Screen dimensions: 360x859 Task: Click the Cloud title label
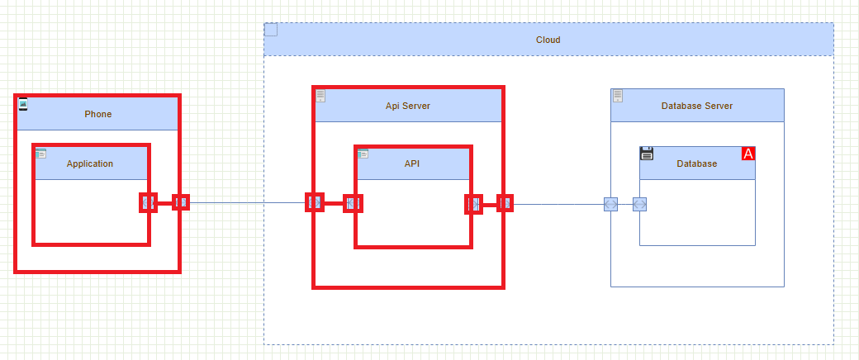[548, 40]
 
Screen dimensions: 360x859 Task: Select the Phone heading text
[97, 114]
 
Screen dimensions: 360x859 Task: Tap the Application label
[90, 163]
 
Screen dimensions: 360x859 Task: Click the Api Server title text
[407, 106]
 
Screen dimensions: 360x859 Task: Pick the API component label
[412, 163]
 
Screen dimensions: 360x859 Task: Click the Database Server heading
[696, 106]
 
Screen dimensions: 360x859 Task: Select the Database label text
[696, 163]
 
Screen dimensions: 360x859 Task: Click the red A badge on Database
[748, 154]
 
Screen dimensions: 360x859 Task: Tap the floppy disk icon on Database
[647, 153]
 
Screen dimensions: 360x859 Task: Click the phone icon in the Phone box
[23, 103]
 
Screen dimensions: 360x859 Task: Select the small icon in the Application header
[40, 153]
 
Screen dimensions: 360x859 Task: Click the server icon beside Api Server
[320, 96]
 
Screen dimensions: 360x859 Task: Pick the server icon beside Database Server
[617, 96]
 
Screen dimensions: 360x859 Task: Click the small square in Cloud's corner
[271, 31]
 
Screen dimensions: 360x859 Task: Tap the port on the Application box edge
[148, 202]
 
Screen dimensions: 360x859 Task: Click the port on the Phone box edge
[180, 202]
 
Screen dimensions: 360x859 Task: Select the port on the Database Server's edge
[610, 204]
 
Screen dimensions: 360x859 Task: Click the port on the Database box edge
[639, 204]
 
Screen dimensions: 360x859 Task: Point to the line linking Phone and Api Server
[248, 202]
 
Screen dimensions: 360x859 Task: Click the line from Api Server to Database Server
[558, 203]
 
